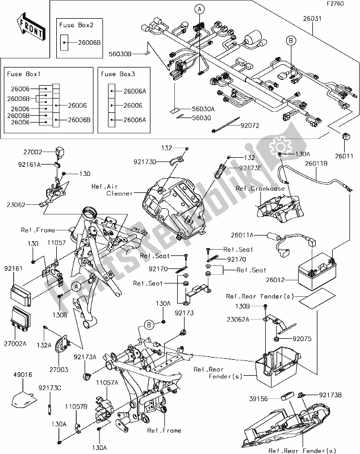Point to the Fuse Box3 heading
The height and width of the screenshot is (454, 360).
(x=116, y=74)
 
